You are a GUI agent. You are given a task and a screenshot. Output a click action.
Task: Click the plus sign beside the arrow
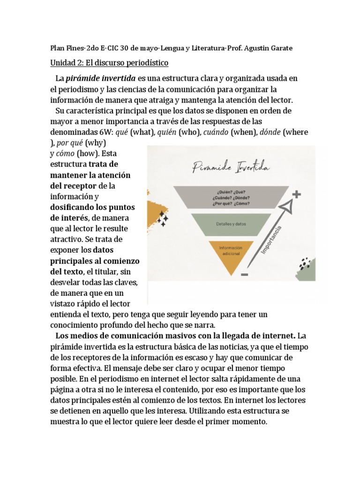click(296, 194)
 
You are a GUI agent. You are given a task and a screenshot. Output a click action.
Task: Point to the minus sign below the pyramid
click(244, 275)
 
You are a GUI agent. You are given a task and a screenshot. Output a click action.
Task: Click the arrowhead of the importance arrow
click(287, 206)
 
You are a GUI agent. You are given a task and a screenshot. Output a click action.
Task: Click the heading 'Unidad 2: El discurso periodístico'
click(109, 62)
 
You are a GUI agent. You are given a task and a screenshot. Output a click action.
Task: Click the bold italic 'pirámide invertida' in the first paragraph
click(101, 78)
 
